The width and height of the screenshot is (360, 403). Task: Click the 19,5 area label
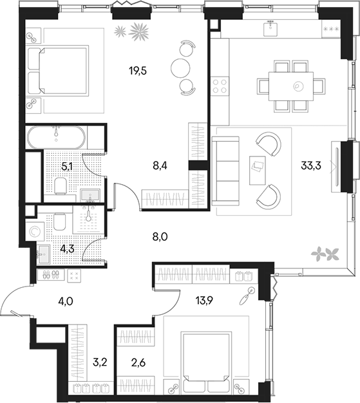click(x=138, y=71)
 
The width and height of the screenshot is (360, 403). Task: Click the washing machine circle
click(x=34, y=230)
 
